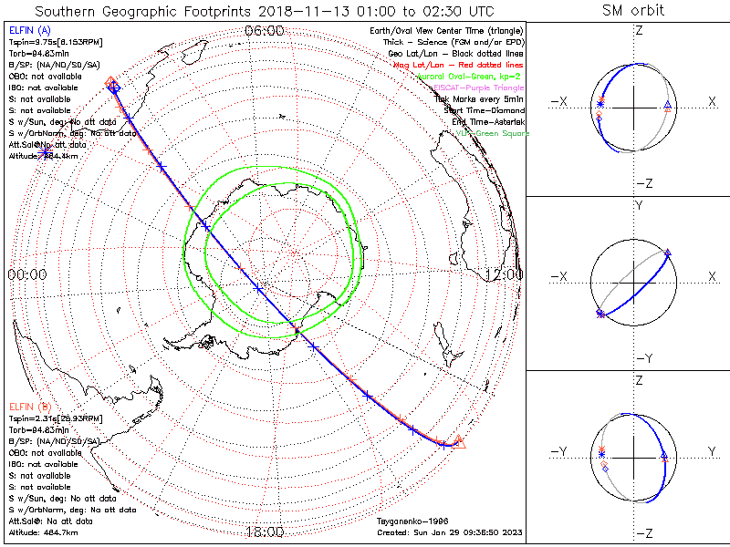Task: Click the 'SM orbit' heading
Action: pyautogui.click(x=633, y=11)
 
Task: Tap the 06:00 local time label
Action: pyautogui.click(x=265, y=31)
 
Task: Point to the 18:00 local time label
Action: pyautogui.click(x=265, y=532)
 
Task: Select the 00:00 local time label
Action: pyautogui.click(x=26, y=273)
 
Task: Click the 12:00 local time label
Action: pyautogui.click(x=504, y=273)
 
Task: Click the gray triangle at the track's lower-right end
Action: pyautogui.click(x=459, y=442)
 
